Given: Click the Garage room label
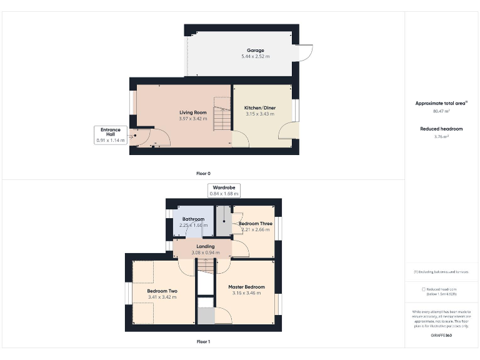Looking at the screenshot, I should tap(255, 50).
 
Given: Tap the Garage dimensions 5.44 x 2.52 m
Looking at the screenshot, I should tap(255, 56).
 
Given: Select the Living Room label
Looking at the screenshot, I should tap(192, 112).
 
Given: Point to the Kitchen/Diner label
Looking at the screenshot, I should tap(259, 107).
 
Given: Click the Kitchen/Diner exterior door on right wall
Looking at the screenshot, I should tap(289, 130).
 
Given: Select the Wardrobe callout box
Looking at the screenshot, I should tap(223, 190).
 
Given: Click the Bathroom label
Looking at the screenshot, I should tap(193, 219).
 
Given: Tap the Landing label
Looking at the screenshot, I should tap(205, 246).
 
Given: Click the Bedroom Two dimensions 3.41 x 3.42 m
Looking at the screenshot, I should tap(162, 297).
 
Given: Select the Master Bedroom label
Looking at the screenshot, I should tap(246, 287).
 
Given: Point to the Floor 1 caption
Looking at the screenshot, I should tap(203, 342).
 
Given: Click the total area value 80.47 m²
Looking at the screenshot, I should tap(441, 111).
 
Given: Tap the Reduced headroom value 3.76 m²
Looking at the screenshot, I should tap(441, 136).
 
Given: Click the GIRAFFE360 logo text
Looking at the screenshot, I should tap(441, 336).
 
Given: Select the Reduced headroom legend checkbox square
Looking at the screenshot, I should tap(424, 289).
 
